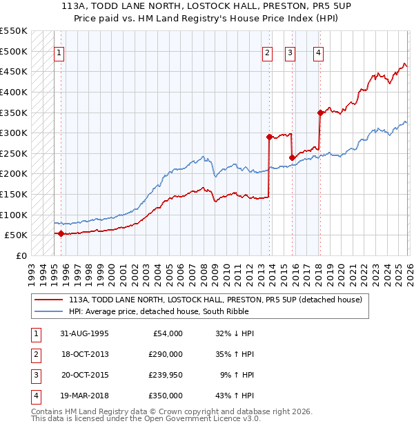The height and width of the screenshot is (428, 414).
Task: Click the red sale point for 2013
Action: pos(269,137)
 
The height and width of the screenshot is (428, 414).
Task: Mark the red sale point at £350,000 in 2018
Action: pos(320,113)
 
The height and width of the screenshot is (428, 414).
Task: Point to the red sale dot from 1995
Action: pos(61,233)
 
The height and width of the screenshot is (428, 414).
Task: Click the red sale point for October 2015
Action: pos(292,157)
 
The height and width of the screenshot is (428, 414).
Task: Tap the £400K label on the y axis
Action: pos(13,92)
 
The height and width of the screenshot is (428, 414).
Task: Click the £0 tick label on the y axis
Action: pos(21,255)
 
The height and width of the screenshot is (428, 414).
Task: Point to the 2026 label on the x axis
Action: pos(408,269)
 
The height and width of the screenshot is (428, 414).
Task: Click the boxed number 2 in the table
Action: pos(35,354)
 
